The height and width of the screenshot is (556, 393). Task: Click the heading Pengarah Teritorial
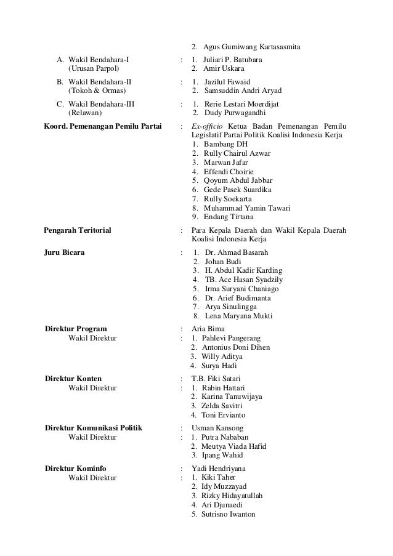pos(78,230)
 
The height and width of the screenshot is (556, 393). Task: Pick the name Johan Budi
pos(223,262)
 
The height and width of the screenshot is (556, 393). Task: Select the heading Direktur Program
pos(76,329)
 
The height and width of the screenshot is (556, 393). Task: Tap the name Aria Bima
pos(208,329)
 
